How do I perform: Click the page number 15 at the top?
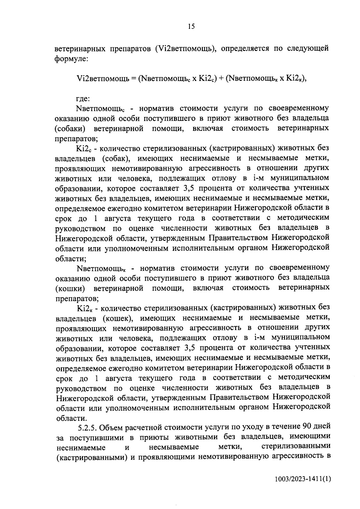(191, 27)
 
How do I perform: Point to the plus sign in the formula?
(221, 79)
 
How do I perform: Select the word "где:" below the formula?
(83, 98)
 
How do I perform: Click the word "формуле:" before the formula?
(71, 58)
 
